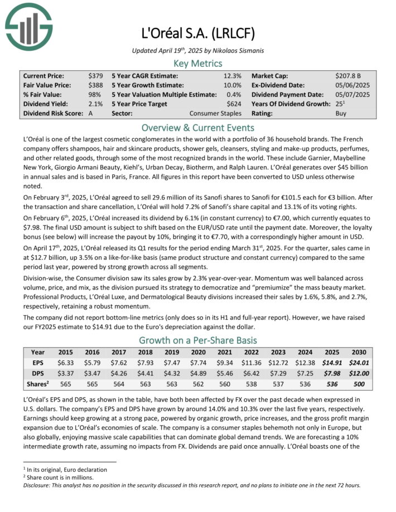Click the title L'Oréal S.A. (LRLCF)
(197, 33)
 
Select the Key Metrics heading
(197, 63)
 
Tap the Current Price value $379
(95, 75)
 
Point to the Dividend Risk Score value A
(90, 113)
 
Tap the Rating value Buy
(341, 113)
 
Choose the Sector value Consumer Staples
(215, 113)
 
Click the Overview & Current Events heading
(197, 127)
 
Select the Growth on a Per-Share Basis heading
(197, 340)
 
